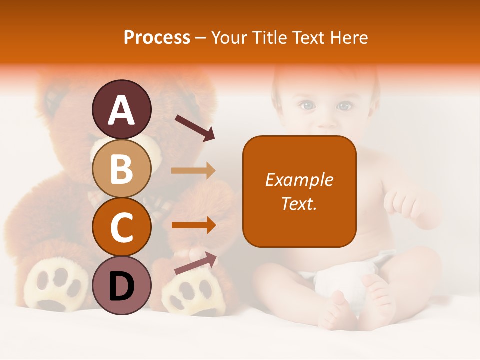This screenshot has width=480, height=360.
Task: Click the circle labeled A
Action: pyautogui.click(x=122, y=109)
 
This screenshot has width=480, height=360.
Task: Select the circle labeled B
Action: pyautogui.click(x=122, y=168)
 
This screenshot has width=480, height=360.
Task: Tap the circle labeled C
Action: pyautogui.click(x=122, y=227)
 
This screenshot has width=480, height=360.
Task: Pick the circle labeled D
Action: pyautogui.click(x=122, y=285)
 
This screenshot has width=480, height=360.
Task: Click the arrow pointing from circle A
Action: pyautogui.click(x=195, y=128)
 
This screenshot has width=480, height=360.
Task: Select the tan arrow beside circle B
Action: pyautogui.click(x=193, y=170)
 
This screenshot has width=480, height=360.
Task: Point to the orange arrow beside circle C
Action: pyautogui.click(x=193, y=225)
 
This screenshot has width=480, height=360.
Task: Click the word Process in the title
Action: pyautogui.click(x=157, y=37)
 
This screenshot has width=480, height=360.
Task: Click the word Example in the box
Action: pyautogui.click(x=299, y=180)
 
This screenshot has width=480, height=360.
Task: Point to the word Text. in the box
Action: pyautogui.click(x=299, y=203)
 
